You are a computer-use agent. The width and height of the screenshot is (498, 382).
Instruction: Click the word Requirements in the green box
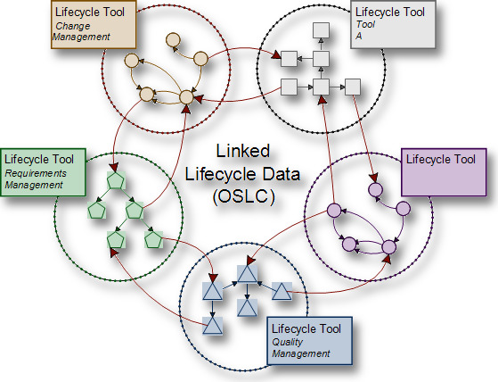click(x=37, y=172)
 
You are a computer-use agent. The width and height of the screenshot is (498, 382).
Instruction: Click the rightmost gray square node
click(x=353, y=87)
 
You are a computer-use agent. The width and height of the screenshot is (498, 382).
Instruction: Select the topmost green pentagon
click(x=115, y=181)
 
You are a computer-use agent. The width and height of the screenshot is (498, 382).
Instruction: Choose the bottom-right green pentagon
click(x=152, y=240)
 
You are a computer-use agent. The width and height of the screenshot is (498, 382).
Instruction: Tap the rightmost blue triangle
click(x=282, y=291)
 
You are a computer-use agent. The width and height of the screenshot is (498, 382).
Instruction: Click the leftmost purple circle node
click(x=334, y=211)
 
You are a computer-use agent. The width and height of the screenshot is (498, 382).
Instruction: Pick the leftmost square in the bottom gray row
click(x=288, y=87)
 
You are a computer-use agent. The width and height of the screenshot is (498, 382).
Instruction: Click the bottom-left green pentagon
click(x=115, y=240)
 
